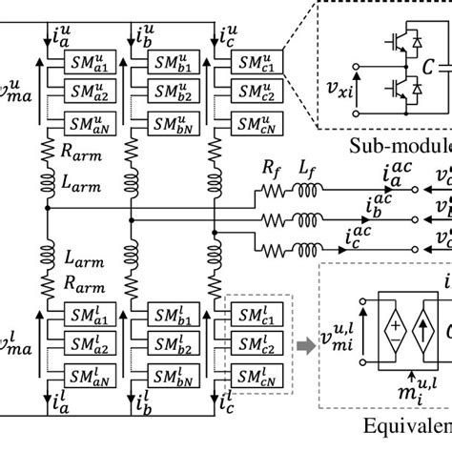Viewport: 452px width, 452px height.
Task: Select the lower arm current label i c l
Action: pos(236,423)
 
